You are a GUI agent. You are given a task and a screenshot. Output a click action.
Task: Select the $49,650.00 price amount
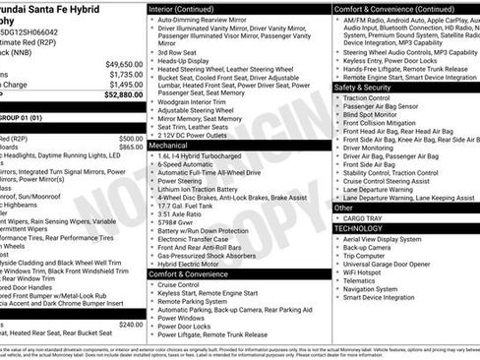[x=124, y=63]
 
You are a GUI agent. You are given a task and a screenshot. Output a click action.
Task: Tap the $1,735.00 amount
[x=126, y=74]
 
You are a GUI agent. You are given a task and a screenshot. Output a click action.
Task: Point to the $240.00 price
[x=130, y=325]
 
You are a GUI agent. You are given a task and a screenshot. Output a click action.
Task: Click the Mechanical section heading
[x=168, y=144]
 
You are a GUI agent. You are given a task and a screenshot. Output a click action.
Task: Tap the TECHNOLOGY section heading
[x=359, y=228]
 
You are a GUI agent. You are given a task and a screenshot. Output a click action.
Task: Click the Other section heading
[x=344, y=208]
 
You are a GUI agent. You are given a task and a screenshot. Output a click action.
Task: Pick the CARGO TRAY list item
[x=364, y=218]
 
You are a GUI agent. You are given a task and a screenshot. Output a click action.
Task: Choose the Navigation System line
[x=378, y=289]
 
